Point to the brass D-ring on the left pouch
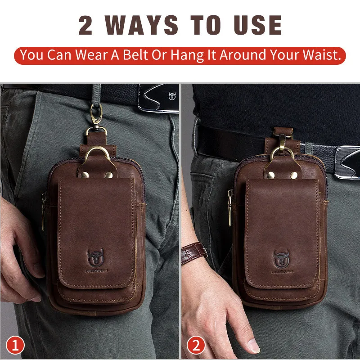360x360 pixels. (97, 153)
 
